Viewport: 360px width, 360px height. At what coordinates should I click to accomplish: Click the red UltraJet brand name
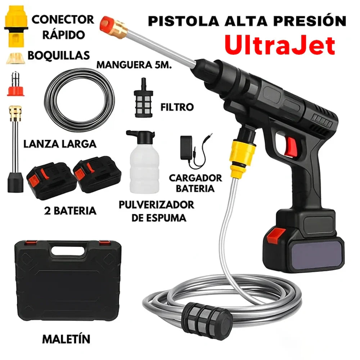[280, 45]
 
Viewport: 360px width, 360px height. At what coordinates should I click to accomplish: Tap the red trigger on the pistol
[291, 147]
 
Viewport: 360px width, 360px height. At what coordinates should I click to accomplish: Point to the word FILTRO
[177, 107]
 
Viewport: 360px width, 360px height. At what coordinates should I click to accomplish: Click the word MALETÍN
[66, 339]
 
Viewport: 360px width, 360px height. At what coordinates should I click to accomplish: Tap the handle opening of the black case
[68, 251]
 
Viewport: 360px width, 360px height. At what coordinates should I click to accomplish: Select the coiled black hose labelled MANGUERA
[79, 100]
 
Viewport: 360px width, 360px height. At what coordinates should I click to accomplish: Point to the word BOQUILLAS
[59, 55]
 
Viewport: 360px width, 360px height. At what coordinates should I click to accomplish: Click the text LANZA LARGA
[60, 144]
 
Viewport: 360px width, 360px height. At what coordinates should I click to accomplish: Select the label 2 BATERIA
[70, 211]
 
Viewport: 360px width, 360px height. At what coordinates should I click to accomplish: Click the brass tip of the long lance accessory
[15, 113]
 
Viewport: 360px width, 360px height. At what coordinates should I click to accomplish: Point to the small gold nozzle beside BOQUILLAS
[15, 58]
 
